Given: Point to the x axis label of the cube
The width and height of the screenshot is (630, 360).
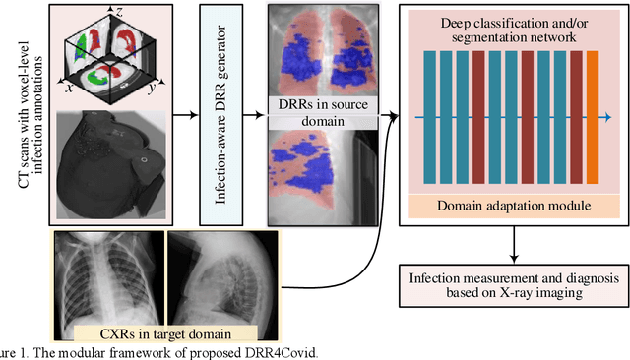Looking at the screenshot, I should point(70,88).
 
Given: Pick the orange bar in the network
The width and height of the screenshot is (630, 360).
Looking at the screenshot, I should point(592,116).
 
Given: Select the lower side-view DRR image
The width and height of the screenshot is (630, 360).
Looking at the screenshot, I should point(322,172).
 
